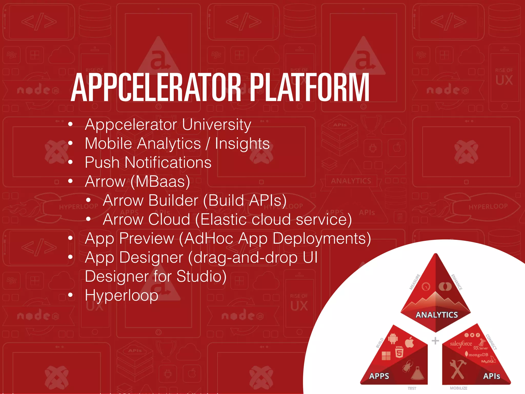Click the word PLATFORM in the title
tap(309, 88)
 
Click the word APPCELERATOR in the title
tap(156, 88)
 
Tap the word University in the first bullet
tap(216, 125)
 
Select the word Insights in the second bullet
tap(242, 144)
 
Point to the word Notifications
tap(168, 163)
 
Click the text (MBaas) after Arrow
tap(160, 182)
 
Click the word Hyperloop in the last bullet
tap(122, 295)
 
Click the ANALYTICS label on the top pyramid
tap(437, 315)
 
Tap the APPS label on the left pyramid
tap(379, 376)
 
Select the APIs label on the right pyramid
tap(491, 376)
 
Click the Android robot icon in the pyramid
tap(393, 339)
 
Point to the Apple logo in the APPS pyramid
tap(409, 342)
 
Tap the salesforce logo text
tap(461, 344)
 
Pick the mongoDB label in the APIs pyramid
tap(478, 355)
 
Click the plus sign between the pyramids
tap(435, 341)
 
